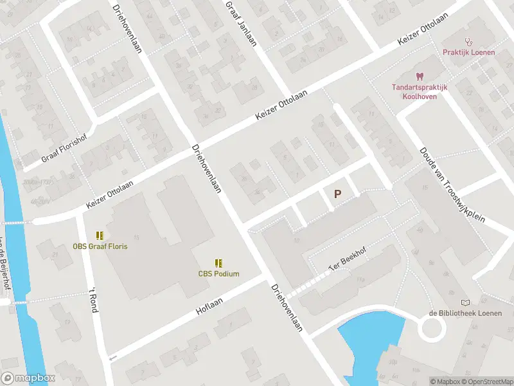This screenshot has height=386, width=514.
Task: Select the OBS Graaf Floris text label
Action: [x=100, y=246]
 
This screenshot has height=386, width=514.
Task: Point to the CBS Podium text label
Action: [x=218, y=273]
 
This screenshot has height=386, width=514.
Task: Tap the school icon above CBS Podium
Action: [x=218, y=263]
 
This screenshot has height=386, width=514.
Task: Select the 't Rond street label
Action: [x=93, y=299]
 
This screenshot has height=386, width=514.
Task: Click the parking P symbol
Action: [x=337, y=193]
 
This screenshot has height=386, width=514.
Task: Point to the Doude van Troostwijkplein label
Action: [x=453, y=183]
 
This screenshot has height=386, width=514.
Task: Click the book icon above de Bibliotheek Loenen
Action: [x=466, y=302]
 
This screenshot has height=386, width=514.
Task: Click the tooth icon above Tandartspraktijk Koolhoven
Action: [x=420, y=77]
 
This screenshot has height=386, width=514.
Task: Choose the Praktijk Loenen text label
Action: [x=468, y=52]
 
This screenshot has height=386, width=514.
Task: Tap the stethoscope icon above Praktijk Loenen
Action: [x=468, y=41]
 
